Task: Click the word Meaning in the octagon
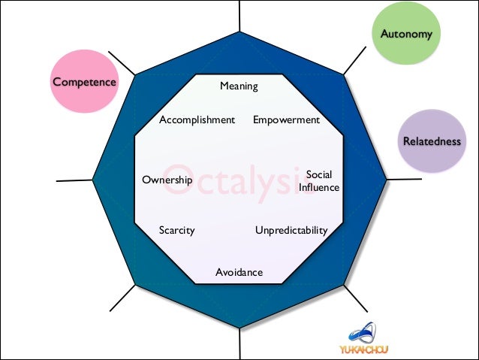239,86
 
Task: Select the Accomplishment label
197,119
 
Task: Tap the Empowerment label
286,119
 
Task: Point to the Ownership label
167,180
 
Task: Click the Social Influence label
319,181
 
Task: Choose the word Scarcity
176,230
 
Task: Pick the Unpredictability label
291,230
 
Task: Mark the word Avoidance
239,272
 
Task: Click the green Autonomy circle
406,35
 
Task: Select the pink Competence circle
84,82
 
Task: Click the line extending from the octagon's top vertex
240,17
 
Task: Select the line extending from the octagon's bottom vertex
240,343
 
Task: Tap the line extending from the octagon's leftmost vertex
74,180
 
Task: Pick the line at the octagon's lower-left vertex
122,297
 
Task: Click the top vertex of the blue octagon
240,32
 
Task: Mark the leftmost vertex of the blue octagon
93,180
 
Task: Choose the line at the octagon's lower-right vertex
357,298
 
